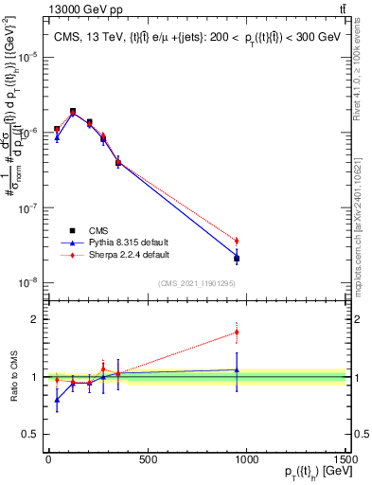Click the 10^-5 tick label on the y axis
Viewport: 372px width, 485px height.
pyautogui.click(x=27, y=57)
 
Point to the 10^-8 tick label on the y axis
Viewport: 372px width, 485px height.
pyautogui.click(x=27, y=282)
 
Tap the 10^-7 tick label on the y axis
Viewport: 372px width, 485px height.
pyautogui.click(x=27, y=207)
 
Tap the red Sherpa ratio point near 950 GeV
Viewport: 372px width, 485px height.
pyautogui.click(x=237, y=332)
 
